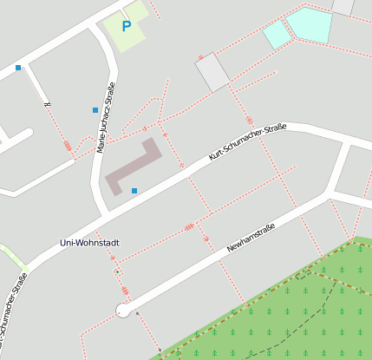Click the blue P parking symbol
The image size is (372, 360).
(x=127, y=27)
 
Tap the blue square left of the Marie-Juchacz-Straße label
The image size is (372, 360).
(x=95, y=110)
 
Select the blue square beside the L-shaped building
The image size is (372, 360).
(x=134, y=190)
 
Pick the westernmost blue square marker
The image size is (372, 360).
(x=18, y=68)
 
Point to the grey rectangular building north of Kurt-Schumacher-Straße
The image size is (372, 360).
(x=212, y=73)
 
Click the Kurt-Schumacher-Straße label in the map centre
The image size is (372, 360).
(x=247, y=142)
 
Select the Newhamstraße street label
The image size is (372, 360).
(x=251, y=236)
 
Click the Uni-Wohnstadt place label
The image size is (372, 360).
(x=88, y=242)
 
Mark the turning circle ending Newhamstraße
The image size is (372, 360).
(x=123, y=311)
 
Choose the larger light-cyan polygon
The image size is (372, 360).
(x=310, y=24)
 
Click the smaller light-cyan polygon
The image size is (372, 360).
(x=277, y=34)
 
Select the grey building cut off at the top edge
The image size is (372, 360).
(x=343, y=6)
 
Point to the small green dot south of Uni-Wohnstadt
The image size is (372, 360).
(x=116, y=272)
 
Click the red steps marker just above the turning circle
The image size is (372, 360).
(x=125, y=291)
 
